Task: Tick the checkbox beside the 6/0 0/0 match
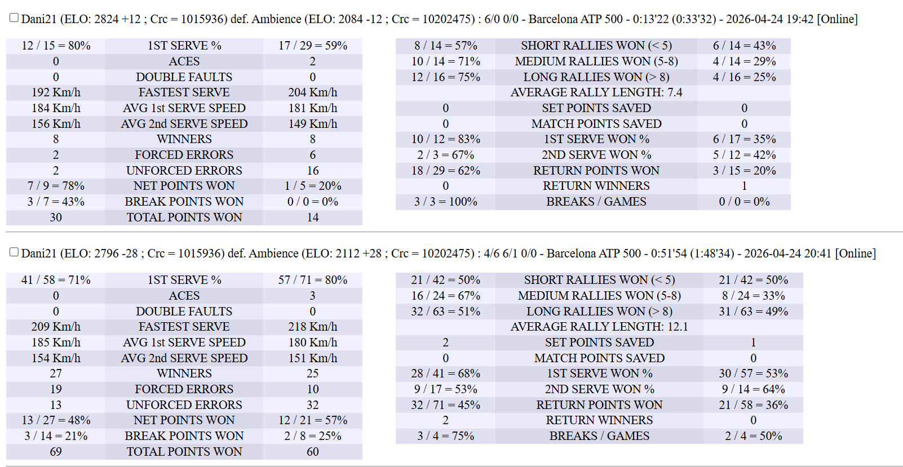(14, 17)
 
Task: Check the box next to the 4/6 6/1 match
(14, 252)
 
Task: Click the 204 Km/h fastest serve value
(312, 93)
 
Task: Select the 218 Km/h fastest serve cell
(312, 327)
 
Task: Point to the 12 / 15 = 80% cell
(56, 46)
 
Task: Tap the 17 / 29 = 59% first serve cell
(312, 46)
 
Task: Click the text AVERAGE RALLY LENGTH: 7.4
(596, 93)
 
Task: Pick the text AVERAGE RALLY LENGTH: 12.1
(599, 327)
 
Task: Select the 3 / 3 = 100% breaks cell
(445, 202)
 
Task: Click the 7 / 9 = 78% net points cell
(56, 186)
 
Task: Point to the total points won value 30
(56, 217)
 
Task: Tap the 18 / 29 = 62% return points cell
(445, 171)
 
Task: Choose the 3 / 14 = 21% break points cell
(56, 437)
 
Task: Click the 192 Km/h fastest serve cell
(56, 93)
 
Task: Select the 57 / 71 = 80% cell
(312, 280)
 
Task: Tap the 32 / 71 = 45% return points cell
(445, 405)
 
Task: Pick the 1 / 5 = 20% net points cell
(312, 186)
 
